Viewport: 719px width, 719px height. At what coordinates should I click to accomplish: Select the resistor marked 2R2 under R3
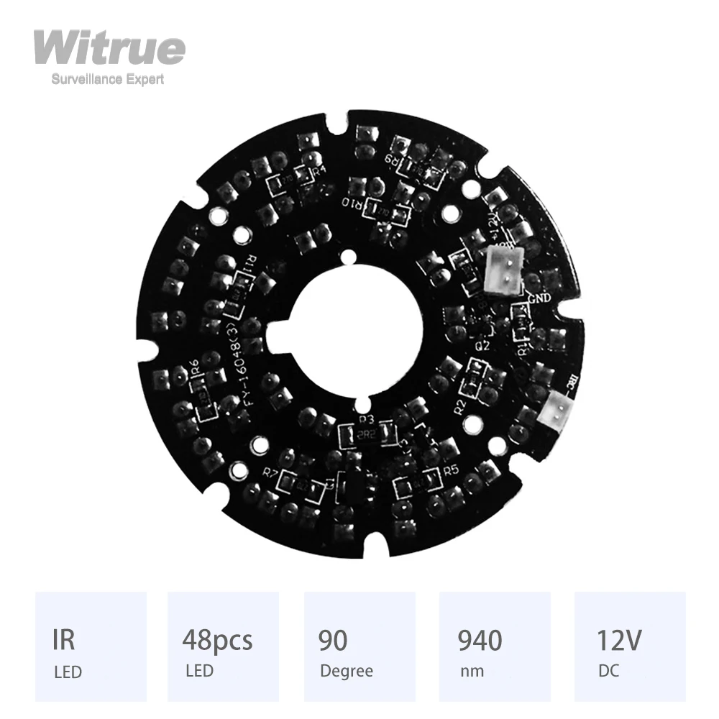point(367,434)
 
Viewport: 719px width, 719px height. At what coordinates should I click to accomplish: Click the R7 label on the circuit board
point(271,473)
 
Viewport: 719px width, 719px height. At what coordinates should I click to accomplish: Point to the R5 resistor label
point(451,470)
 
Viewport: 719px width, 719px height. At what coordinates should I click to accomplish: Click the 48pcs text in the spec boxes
point(217,639)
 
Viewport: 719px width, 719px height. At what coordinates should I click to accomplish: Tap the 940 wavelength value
point(480,639)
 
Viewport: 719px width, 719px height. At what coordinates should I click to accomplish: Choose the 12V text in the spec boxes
point(620,639)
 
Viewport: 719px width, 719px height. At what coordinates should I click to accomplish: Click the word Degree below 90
point(346,672)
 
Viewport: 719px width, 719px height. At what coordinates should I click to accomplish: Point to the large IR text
point(65,639)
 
